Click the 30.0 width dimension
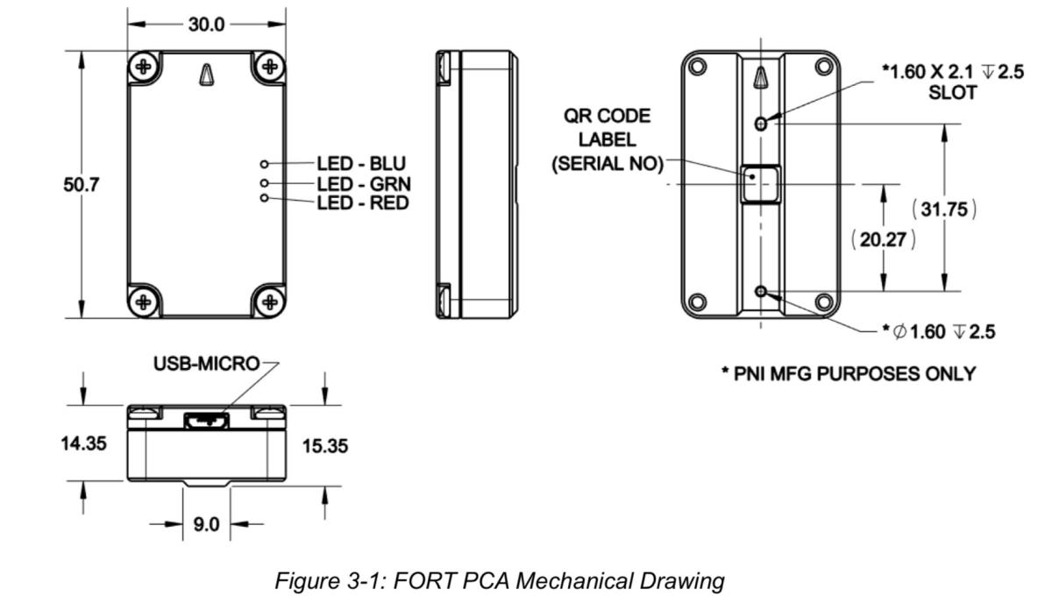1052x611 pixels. (208, 24)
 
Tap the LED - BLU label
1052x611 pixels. (361, 164)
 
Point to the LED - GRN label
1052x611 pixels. (361, 184)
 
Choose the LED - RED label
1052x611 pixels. (361, 202)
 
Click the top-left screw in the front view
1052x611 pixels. (146, 67)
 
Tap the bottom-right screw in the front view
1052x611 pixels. (270, 302)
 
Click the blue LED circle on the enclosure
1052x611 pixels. (264, 164)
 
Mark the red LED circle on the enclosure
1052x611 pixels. (264, 199)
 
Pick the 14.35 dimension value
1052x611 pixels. (84, 443)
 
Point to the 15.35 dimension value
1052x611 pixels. (324, 446)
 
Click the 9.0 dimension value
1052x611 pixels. (207, 524)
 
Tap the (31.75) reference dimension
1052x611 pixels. (944, 210)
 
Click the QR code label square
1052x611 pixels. (759, 183)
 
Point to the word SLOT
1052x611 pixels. (951, 92)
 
